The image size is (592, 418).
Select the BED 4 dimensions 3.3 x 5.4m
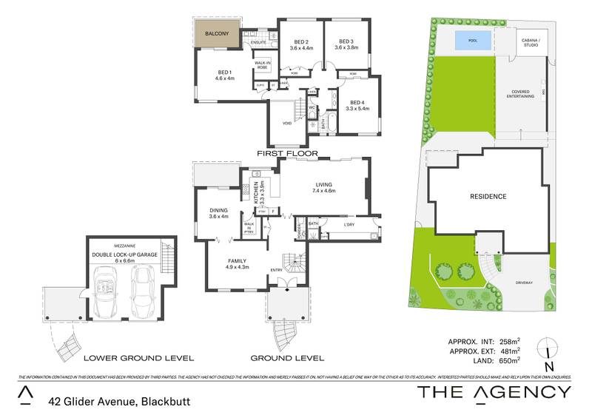click(357, 109)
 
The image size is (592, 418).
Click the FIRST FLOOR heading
click(286, 153)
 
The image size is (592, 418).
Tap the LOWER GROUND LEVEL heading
click(138, 358)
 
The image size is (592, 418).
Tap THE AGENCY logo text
click(494, 392)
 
